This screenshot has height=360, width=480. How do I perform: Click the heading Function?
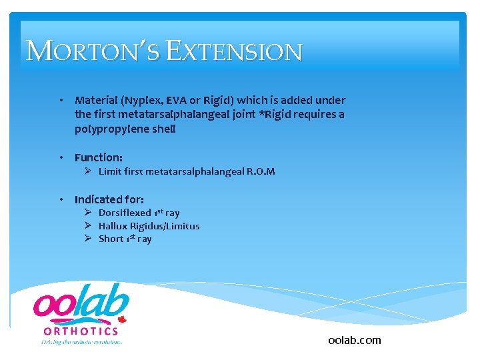(x=99, y=158)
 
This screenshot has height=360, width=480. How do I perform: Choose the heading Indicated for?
(x=109, y=199)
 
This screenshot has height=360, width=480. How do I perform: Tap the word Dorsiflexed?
(x=125, y=213)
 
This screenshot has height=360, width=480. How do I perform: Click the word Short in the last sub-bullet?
(x=111, y=239)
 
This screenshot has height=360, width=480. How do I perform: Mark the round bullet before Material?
(x=61, y=101)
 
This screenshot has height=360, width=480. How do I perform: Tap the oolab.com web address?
(x=355, y=340)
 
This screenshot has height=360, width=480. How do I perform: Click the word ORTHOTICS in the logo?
(x=81, y=331)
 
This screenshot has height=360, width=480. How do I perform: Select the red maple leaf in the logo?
(x=122, y=320)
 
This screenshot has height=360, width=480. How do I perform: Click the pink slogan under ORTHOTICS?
(x=81, y=342)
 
